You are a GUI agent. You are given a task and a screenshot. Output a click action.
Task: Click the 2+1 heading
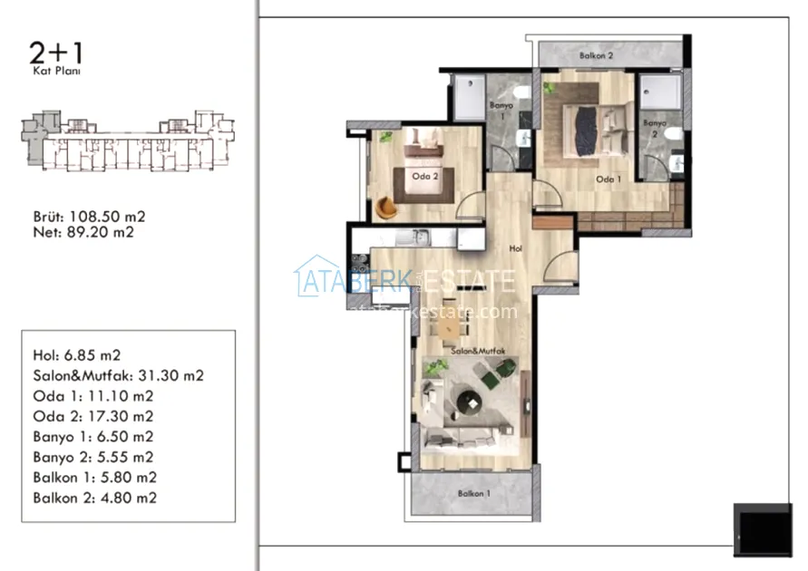55,53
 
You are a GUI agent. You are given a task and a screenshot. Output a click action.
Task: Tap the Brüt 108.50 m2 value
89,217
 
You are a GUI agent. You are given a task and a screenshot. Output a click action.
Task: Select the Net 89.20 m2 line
83,233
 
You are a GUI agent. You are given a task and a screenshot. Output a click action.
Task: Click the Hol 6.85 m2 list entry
77,355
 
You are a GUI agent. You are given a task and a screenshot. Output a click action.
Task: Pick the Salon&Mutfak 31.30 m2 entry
119,376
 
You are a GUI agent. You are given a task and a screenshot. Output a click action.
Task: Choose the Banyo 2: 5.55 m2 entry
93,457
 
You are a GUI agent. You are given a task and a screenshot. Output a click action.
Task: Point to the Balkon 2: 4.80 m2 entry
95,498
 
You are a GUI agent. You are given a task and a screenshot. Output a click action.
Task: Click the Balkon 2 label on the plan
596,55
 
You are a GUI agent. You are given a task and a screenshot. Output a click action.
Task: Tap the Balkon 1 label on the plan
474,494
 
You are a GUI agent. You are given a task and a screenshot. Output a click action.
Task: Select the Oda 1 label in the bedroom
608,179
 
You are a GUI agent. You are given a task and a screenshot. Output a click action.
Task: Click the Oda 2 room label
425,176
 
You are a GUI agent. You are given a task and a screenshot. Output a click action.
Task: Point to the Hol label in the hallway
515,248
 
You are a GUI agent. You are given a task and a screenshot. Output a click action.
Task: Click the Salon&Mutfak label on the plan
478,351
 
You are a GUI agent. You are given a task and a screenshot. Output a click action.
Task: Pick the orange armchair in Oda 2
386,208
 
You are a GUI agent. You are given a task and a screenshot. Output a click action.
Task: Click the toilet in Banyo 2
674,134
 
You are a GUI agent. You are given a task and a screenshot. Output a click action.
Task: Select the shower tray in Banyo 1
470,98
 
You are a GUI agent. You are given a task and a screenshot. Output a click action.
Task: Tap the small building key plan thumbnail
128,140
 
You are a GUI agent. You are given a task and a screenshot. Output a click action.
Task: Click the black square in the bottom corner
763,530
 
